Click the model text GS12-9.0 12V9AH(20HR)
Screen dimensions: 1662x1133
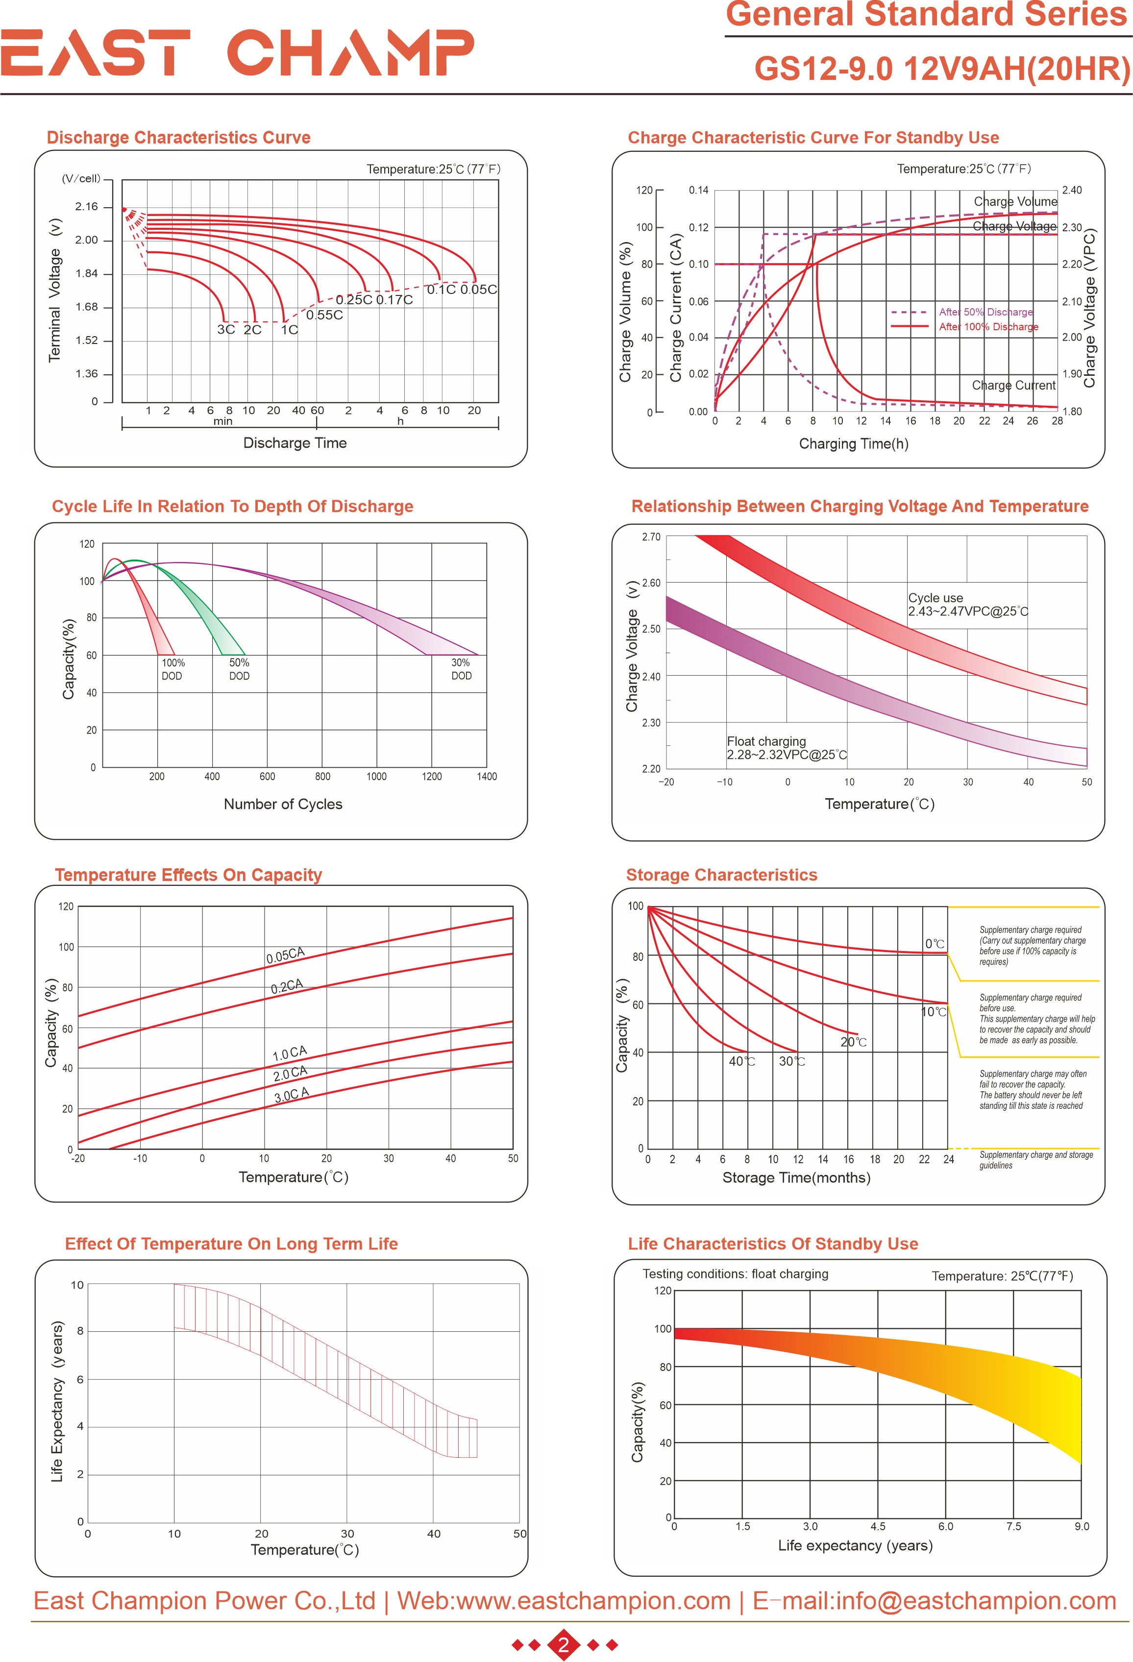[941, 70]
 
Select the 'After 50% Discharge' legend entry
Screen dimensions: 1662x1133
[985, 312]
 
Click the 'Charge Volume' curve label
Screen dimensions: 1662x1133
[1014, 202]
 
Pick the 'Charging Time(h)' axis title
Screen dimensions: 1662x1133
[853, 443]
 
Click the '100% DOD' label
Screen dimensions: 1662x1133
[172, 669]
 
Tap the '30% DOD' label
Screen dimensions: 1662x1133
[461, 669]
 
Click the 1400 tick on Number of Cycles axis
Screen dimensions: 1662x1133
[487, 776]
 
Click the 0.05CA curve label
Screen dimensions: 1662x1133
[285, 955]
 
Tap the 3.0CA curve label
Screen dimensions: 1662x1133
[291, 1094]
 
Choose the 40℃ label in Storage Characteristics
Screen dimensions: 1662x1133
[742, 1061]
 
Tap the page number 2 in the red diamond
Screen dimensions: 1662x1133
[564, 1645]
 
